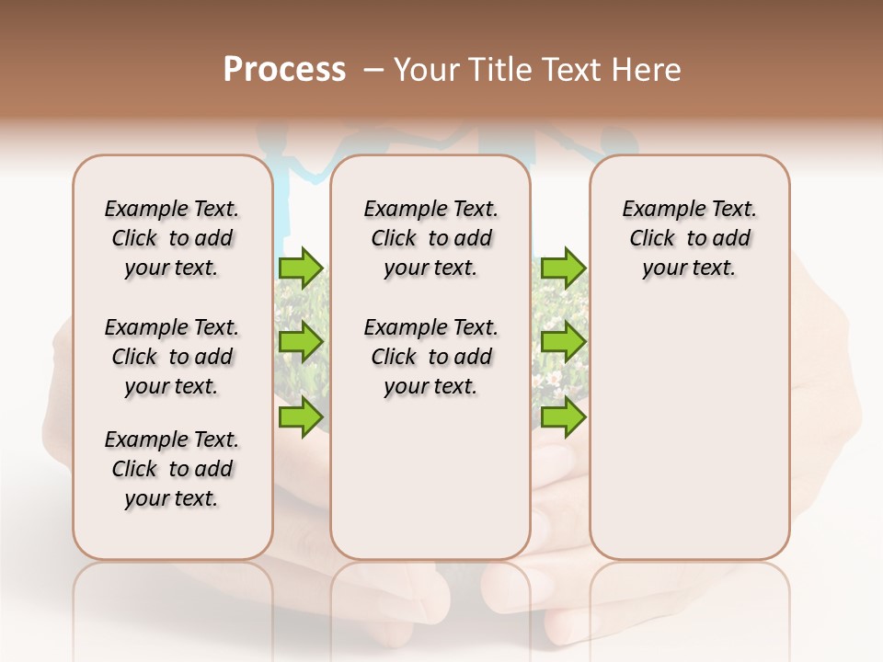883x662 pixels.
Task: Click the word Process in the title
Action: pyautogui.click(x=284, y=70)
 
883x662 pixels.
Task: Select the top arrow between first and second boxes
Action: pyautogui.click(x=301, y=268)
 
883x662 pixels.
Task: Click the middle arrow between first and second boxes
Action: pyautogui.click(x=301, y=342)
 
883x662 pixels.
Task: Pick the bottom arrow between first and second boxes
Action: pyautogui.click(x=301, y=417)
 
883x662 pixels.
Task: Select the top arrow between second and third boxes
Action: pyautogui.click(x=563, y=268)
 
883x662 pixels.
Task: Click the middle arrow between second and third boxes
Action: pyautogui.click(x=563, y=342)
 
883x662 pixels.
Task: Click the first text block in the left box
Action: pyautogui.click(x=172, y=238)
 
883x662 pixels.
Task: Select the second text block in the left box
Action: pyautogui.click(x=172, y=357)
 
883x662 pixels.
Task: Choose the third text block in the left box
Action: pyautogui.click(x=172, y=469)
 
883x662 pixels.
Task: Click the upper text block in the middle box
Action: pyautogui.click(x=430, y=238)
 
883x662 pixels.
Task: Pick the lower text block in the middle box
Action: pyautogui.click(x=430, y=357)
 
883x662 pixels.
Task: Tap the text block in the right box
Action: pyautogui.click(x=689, y=238)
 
